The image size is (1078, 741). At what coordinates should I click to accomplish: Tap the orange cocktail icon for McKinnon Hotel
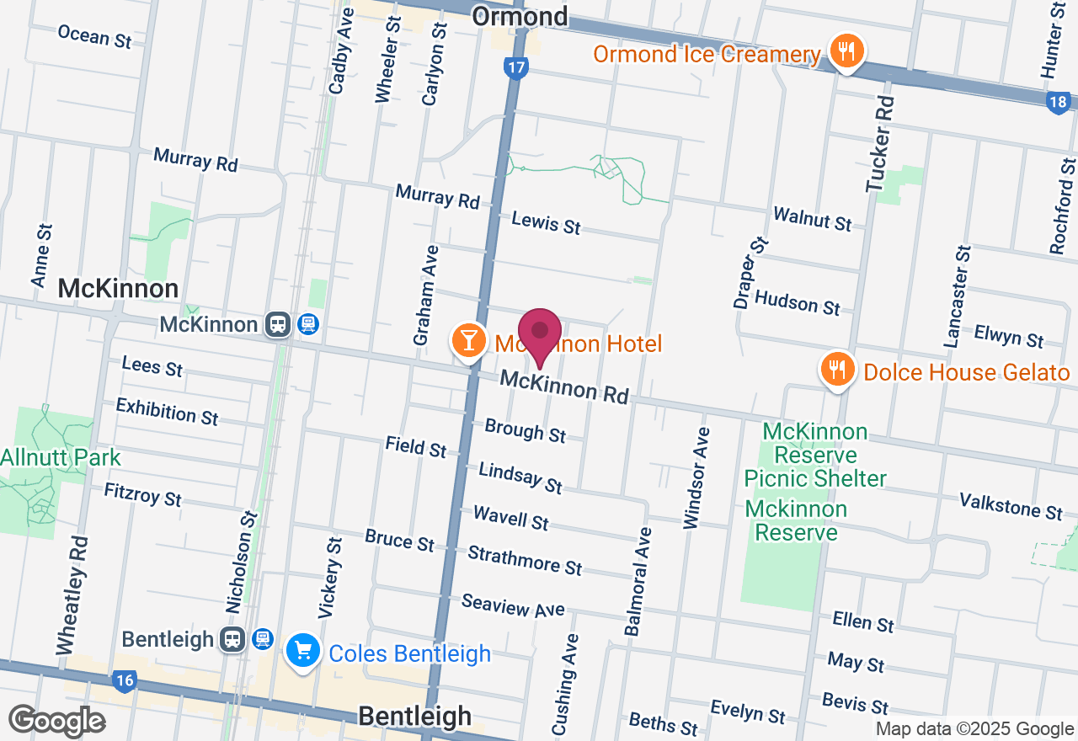pos(468,341)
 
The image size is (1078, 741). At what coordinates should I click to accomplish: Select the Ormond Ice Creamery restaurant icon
pos(844,51)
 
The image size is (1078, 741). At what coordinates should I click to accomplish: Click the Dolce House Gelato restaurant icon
pos(836,369)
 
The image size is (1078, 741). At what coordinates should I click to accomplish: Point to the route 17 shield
pos(515,68)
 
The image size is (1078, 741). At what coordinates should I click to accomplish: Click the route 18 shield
pos(1059,103)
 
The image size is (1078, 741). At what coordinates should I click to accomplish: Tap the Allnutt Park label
pos(60,458)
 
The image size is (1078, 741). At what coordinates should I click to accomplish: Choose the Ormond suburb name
pos(520,15)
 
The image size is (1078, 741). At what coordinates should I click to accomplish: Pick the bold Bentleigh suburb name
pos(414,717)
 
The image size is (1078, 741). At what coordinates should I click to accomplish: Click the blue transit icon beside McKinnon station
pos(308,324)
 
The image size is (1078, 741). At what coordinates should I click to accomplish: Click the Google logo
pos(56,721)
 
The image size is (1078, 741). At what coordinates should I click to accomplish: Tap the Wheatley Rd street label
pos(72,594)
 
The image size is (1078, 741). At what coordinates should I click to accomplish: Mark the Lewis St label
pos(546,223)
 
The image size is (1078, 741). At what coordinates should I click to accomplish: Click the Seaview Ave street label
pos(513,605)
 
